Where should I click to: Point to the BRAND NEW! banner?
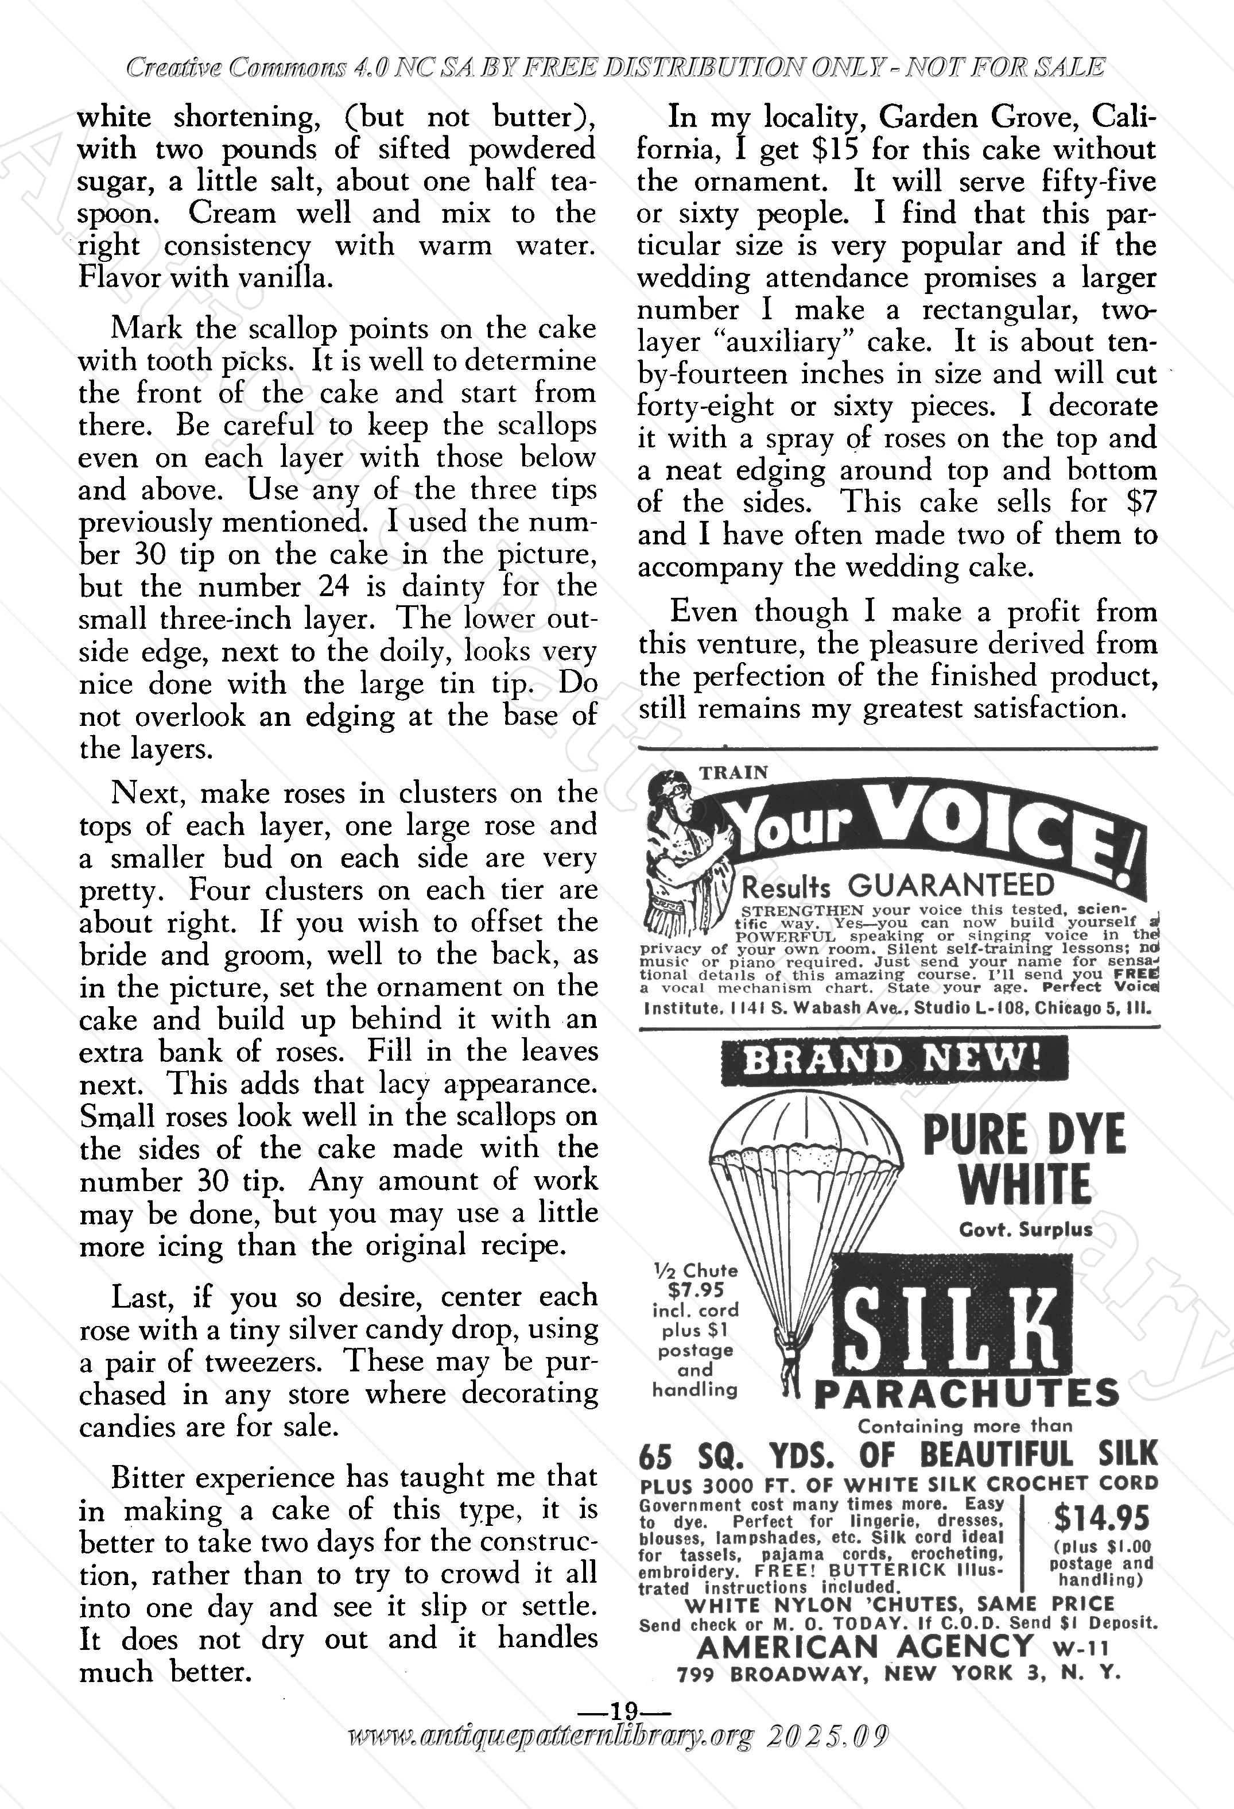tap(893, 1060)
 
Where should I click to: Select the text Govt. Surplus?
tap(1026, 1230)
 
